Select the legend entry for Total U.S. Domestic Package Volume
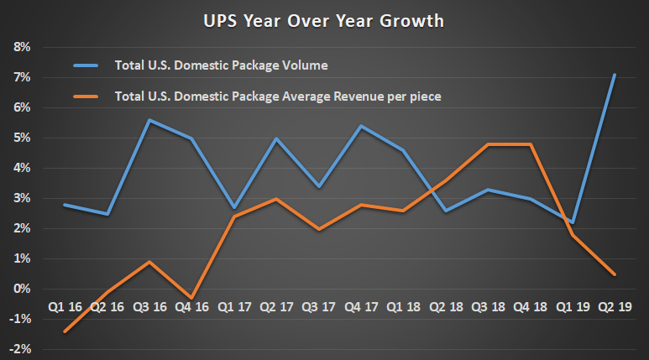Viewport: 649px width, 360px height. point(221,65)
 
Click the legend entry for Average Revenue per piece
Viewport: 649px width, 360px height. point(276,97)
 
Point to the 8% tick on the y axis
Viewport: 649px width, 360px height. point(20,47)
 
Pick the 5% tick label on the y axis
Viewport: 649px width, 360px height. point(20,138)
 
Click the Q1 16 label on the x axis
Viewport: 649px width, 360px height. point(64,306)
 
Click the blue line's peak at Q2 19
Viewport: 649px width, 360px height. point(615,75)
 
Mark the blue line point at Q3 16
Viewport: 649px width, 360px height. point(149,120)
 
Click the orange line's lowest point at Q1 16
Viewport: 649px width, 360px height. point(65,331)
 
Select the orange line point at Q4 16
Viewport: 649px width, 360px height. point(191,298)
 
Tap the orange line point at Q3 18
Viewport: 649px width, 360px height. point(488,144)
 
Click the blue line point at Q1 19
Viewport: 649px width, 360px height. point(573,222)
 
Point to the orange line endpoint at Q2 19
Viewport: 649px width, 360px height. point(615,274)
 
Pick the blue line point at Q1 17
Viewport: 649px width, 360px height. point(233,207)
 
